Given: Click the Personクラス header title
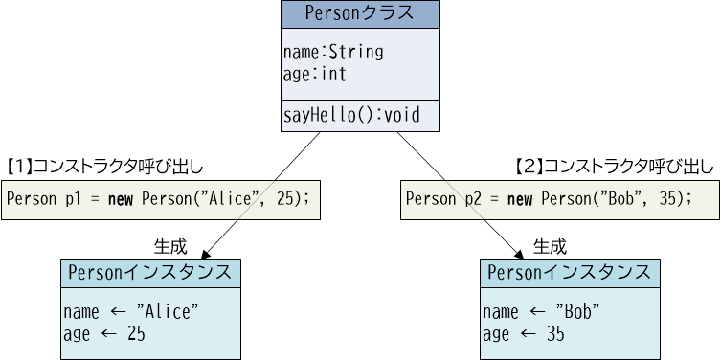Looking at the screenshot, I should pos(359,13).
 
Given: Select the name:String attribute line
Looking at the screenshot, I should pos(332,52).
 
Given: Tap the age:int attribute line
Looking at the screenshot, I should pos(314,73).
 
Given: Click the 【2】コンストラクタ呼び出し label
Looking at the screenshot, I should pos(614,167).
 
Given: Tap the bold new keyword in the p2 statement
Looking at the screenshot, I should pos(520,199).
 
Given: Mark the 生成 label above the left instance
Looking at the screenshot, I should pos(169,245).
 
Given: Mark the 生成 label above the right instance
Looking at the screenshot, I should pos(550,245).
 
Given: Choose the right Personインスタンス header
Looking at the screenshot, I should pos(570,273).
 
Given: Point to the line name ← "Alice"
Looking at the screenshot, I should pos(131,312).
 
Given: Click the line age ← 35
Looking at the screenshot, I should pos(524,333).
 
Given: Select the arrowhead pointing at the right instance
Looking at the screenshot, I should pos(521,254).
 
